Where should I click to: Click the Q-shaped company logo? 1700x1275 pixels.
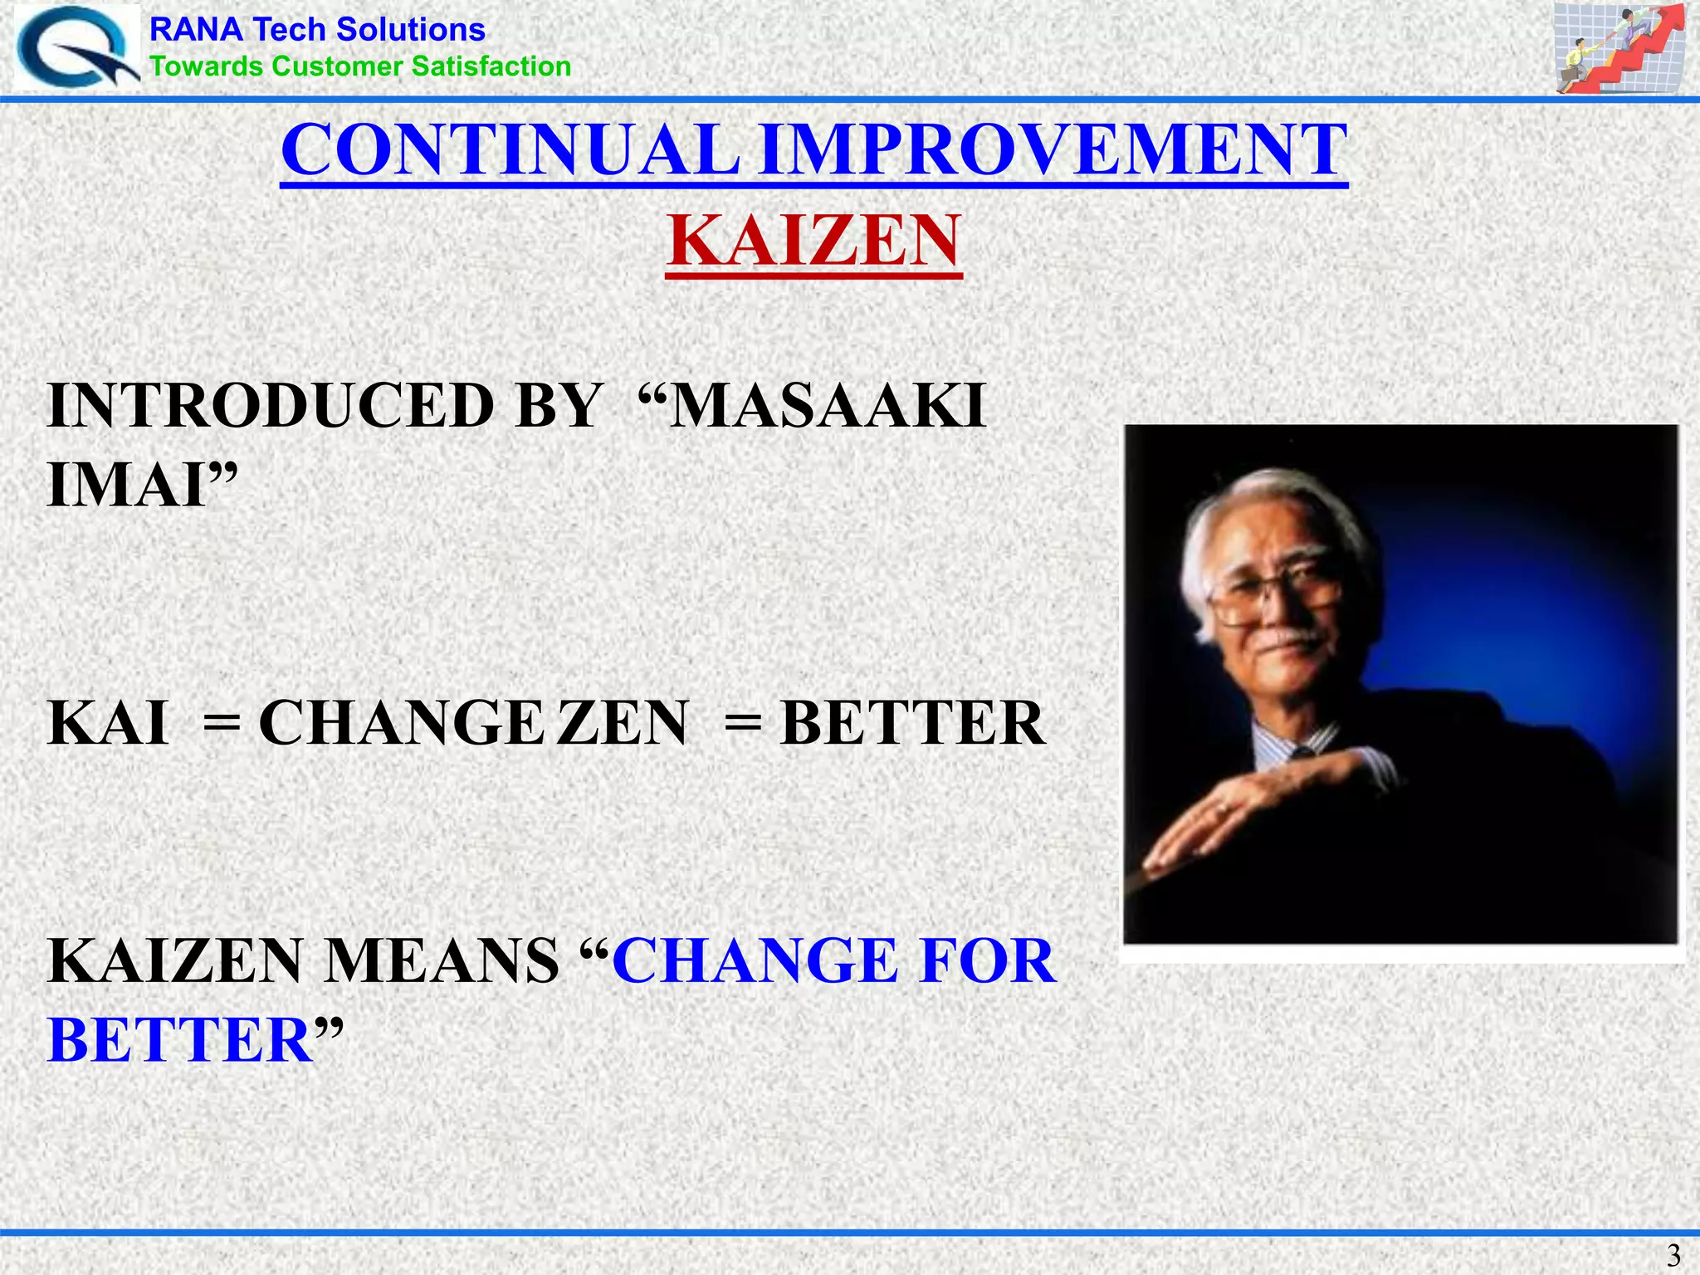(x=76, y=47)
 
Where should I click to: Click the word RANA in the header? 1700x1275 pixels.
(x=196, y=30)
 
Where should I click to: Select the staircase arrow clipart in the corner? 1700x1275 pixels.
(x=1618, y=47)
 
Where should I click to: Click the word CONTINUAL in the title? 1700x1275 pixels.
(x=510, y=150)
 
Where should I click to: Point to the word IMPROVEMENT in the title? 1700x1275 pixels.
(x=1053, y=150)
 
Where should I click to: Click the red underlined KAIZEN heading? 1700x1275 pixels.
(x=813, y=241)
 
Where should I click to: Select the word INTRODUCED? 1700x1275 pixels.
(x=271, y=406)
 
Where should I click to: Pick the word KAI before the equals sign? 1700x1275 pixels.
(x=108, y=723)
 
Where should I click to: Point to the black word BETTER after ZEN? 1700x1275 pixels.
(x=912, y=723)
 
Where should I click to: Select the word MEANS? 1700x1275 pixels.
(x=441, y=961)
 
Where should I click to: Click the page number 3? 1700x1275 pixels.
(x=1673, y=1254)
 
